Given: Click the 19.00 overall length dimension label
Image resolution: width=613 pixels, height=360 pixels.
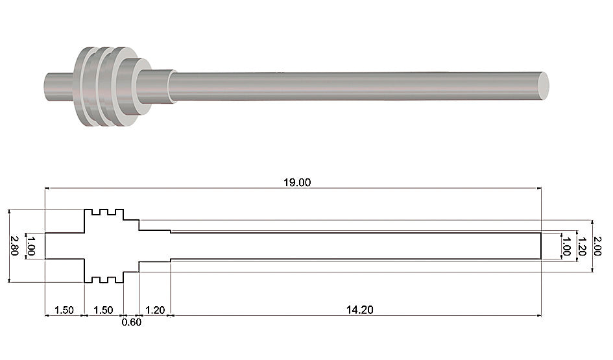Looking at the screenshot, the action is [x=297, y=182].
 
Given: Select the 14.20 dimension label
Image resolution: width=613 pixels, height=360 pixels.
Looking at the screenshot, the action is [x=359, y=310].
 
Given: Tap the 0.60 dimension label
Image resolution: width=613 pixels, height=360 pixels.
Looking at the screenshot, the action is [x=131, y=322].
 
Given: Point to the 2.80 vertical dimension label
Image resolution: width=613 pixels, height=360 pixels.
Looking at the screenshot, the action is [x=14, y=245].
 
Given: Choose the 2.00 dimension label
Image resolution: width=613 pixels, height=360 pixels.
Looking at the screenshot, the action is [x=597, y=246].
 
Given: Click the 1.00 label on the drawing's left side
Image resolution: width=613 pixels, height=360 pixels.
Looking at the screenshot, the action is [x=31, y=245].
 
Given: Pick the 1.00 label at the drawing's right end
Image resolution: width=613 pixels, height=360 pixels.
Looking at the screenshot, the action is [x=566, y=246].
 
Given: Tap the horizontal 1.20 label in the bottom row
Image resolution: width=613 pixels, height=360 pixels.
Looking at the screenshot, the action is [x=155, y=310].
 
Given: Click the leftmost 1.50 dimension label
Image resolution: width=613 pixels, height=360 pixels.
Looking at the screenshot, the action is [x=64, y=310].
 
